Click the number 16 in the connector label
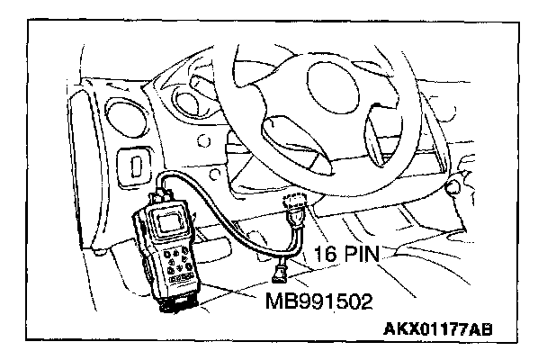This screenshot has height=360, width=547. [329, 255]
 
